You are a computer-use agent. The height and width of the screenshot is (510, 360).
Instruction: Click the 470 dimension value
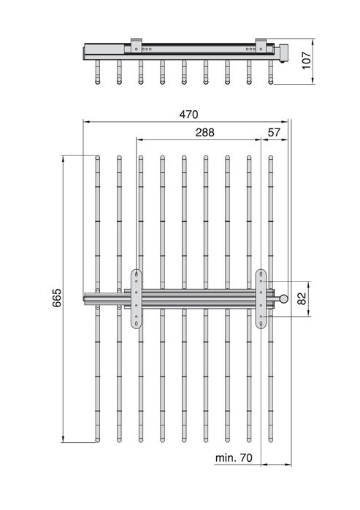coord(188,115)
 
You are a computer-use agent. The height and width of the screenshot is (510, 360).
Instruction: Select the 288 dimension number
coord(205,132)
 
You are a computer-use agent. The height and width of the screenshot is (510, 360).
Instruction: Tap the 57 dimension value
coord(274,132)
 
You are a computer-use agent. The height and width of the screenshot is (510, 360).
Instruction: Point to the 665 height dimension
coord(57,298)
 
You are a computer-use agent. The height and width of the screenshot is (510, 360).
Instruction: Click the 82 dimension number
coord(302,298)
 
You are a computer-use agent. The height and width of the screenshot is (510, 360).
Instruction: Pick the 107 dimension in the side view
coord(306,61)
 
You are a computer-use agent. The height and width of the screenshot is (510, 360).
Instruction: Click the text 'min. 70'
coord(234,457)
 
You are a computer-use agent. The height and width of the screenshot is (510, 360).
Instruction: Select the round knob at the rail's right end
coord(284,298)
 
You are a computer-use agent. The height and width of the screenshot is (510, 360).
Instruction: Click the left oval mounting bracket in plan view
coord(137,298)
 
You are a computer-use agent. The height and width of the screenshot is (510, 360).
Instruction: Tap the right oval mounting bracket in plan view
coord(261,298)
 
